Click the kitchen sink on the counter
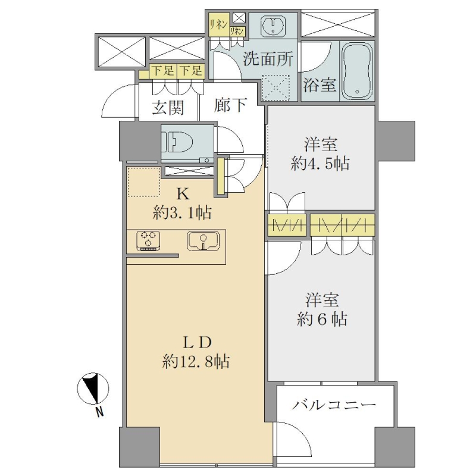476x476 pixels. click(x=203, y=241)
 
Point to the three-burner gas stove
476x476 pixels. click(x=148, y=241)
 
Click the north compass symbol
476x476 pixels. click(x=93, y=389)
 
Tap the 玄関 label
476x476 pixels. click(x=168, y=107)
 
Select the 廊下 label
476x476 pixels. click(x=230, y=105)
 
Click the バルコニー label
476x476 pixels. click(x=334, y=405)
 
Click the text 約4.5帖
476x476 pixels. click(x=320, y=164)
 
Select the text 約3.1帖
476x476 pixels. click(x=182, y=212)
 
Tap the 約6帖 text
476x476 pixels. click(x=322, y=319)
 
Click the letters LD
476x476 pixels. click(x=197, y=343)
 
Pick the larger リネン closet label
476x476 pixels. click(x=218, y=25)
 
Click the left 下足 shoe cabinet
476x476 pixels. click(x=163, y=71)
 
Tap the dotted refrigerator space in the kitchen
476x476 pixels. click(x=143, y=182)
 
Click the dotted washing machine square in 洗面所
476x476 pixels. click(x=275, y=87)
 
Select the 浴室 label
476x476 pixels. click(x=320, y=85)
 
